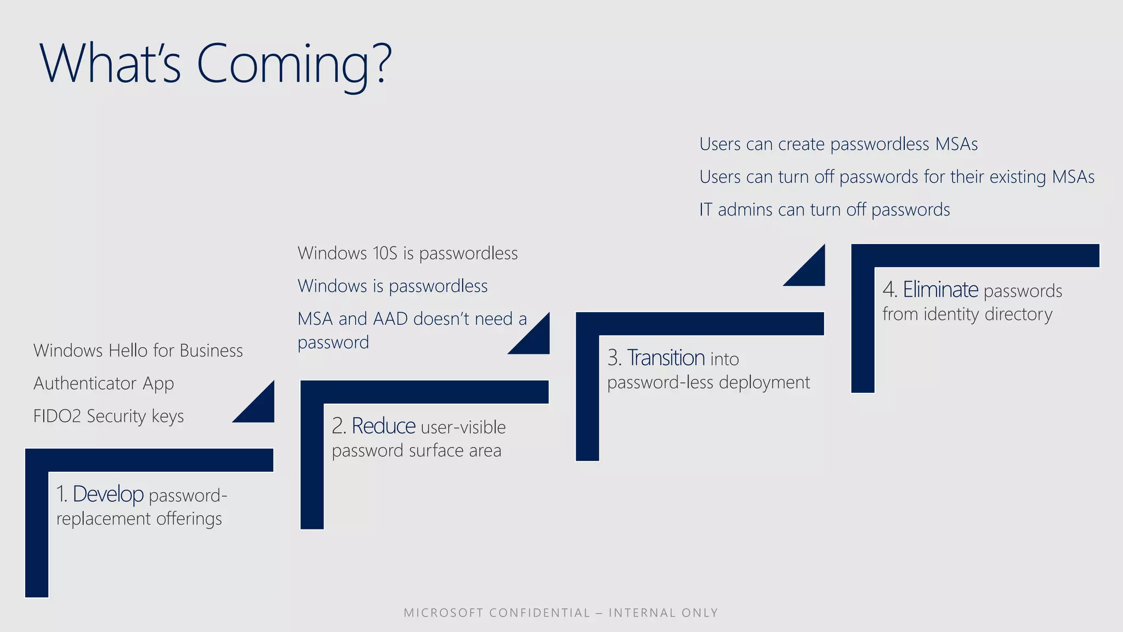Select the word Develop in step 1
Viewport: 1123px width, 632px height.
tap(108, 494)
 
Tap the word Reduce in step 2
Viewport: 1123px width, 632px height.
tap(383, 426)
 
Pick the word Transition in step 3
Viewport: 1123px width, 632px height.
tap(666, 358)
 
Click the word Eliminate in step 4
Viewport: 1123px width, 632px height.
tap(940, 290)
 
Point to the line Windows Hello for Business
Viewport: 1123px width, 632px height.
tap(138, 351)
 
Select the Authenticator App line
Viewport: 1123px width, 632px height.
tap(104, 383)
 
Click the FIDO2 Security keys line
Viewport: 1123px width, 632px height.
tap(109, 416)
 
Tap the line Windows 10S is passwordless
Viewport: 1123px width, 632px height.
tap(407, 253)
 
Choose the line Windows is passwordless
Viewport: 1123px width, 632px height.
tap(393, 286)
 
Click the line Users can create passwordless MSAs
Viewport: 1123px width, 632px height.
tap(838, 144)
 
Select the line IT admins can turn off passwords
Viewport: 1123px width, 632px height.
tap(824, 210)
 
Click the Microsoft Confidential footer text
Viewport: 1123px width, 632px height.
tap(560, 613)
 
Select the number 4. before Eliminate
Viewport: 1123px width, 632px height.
tap(889, 290)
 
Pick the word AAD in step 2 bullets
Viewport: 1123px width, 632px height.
tap(390, 319)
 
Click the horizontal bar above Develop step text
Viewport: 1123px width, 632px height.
tap(149, 460)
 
